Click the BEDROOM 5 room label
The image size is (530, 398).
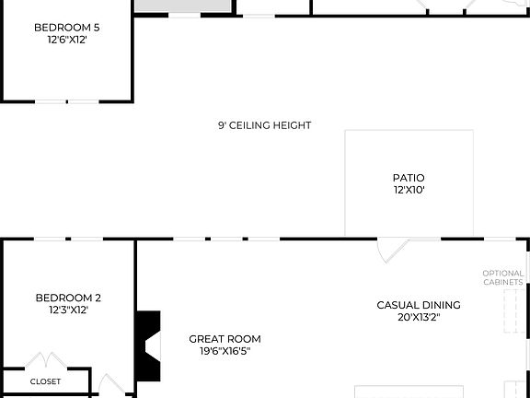[66, 28]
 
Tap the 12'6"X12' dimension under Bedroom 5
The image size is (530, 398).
[66, 41]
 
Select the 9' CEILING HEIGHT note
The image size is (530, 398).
[264, 125]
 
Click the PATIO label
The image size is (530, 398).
[409, 178]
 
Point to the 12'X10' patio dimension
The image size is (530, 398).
[409, 191]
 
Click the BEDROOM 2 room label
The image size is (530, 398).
[68, 298]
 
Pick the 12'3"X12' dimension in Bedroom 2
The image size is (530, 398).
[68, 310]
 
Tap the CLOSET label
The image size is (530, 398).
[45, 381]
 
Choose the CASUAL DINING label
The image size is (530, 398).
[419, 305]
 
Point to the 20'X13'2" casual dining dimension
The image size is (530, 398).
[419, 318]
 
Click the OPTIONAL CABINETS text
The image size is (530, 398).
[503, 277]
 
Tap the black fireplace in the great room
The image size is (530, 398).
[147, 345]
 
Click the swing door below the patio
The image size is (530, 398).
[395, 250]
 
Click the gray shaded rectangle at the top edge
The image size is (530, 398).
[181, 6]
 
